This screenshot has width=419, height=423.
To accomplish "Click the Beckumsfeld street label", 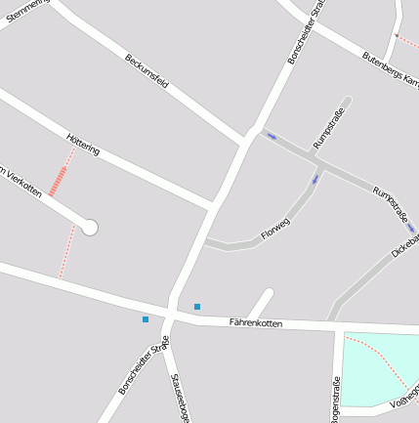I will tap(147, 71).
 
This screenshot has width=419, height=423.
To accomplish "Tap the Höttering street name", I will tap(83, 144).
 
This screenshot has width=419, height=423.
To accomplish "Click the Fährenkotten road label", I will tap(255, 321).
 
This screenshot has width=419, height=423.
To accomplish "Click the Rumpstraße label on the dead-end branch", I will tap(330, 128).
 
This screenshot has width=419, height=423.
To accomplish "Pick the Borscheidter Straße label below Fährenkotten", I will tap(144, 365).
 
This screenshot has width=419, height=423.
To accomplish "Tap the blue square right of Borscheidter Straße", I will tap(197, 307).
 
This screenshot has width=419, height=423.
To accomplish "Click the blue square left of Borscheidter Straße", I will tap(146, 319).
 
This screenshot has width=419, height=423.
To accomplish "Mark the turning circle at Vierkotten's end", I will tap(90, 228).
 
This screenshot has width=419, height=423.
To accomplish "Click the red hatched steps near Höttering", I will tap(59, 180).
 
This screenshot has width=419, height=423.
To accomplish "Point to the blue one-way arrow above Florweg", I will tap(314, 180).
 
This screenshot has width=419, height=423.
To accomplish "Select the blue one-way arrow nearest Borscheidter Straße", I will tap(271, 137).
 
